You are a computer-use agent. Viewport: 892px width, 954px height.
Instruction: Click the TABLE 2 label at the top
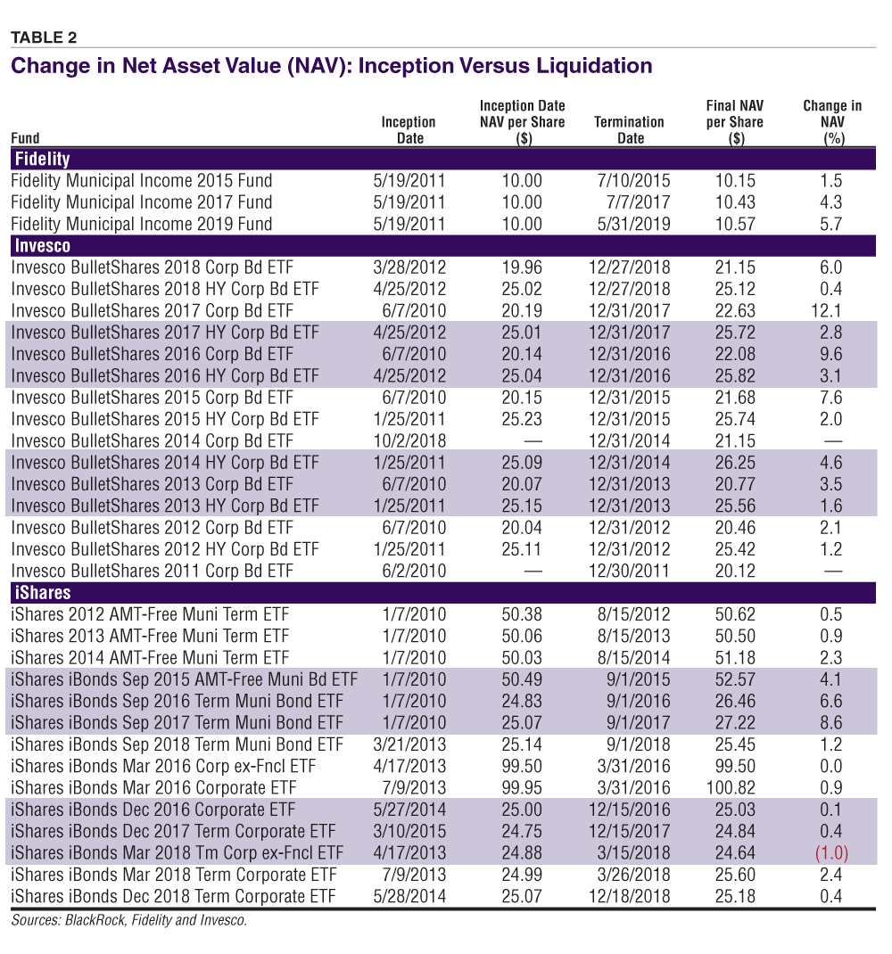point(44,37)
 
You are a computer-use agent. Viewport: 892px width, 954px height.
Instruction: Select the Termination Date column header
point(630,129)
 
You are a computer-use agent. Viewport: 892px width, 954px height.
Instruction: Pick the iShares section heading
point(41,593)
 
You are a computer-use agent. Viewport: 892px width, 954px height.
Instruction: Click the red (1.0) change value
point(830,852)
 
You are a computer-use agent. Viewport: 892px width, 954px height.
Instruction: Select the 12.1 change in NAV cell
point(830,310)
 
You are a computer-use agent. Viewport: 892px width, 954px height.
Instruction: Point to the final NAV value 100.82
point(735,787)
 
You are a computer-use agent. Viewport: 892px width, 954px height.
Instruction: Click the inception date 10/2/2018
point(409,440)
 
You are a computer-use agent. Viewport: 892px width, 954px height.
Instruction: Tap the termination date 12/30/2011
point(630,571)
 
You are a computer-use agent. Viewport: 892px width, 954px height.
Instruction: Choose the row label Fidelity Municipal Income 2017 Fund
point(142,202)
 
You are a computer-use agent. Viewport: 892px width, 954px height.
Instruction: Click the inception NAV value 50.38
point(522,614)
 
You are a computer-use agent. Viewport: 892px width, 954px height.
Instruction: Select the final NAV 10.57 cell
point(735,224)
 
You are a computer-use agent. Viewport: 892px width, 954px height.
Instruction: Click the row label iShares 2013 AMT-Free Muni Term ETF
point(150,636)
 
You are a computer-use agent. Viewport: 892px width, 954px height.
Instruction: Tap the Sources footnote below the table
point(129,920)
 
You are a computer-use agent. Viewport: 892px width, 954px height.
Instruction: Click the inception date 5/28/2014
point(409,895)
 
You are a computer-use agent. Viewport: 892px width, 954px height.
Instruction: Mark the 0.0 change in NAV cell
point(830,766)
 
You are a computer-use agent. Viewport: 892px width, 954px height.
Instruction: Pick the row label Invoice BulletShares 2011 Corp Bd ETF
point(152,571)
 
